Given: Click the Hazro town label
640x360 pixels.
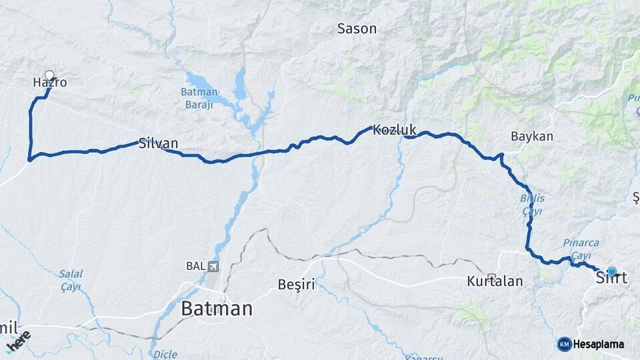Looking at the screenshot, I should (50, 83).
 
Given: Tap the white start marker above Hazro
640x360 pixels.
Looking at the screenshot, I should (49, 75).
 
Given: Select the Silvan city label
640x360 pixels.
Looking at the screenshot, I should (158, 143).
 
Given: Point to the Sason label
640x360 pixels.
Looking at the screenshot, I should (357, 29).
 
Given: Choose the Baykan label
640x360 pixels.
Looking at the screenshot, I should (532, 136).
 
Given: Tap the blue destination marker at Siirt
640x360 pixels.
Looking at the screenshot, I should (612, 271).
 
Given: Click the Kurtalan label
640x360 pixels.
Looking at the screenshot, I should (495, 282).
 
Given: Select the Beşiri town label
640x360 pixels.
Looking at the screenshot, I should (296, 285).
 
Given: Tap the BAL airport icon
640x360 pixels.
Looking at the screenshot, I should (213, 267).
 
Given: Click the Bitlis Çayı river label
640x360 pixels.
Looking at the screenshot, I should (531, 205).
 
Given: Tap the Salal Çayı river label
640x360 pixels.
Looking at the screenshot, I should (70, 280).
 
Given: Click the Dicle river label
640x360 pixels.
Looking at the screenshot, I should (165, 354).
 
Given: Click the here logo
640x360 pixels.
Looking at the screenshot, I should (18, 341).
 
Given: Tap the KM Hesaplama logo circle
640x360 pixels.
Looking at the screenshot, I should (564, 344).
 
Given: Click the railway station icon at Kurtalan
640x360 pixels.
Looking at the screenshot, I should (492, 277).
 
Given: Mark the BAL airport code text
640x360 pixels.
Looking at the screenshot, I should (195, 267).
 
